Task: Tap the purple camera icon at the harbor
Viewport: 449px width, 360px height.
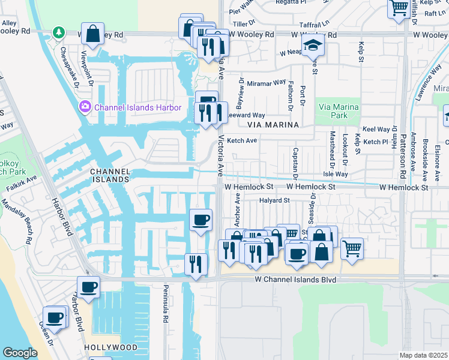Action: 85,107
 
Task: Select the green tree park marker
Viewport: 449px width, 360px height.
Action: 58,32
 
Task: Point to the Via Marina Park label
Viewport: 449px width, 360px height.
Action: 339,111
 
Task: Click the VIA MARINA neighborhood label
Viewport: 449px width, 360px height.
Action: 273,125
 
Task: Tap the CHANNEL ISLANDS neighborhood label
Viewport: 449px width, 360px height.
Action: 110,175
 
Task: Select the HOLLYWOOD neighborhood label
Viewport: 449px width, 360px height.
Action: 111,347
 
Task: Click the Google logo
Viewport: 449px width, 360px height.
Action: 20,353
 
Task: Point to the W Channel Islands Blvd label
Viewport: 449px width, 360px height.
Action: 294,280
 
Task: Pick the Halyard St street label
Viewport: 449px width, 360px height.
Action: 274,200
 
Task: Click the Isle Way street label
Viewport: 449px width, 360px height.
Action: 335,174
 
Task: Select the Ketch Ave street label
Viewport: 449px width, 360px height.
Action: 243,140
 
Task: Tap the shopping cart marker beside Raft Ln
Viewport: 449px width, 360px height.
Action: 399,8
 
